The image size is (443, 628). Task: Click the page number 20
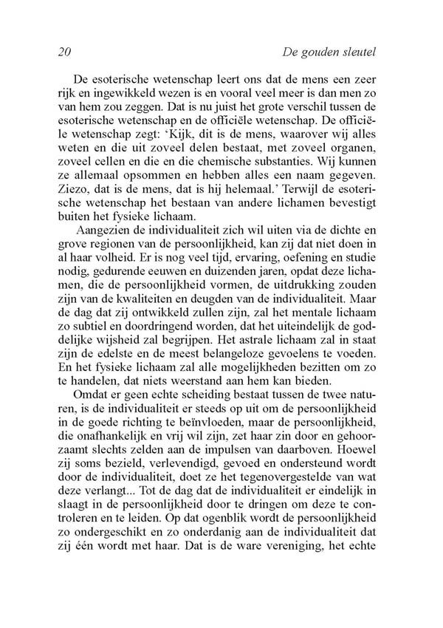click(x=63, y=52)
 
